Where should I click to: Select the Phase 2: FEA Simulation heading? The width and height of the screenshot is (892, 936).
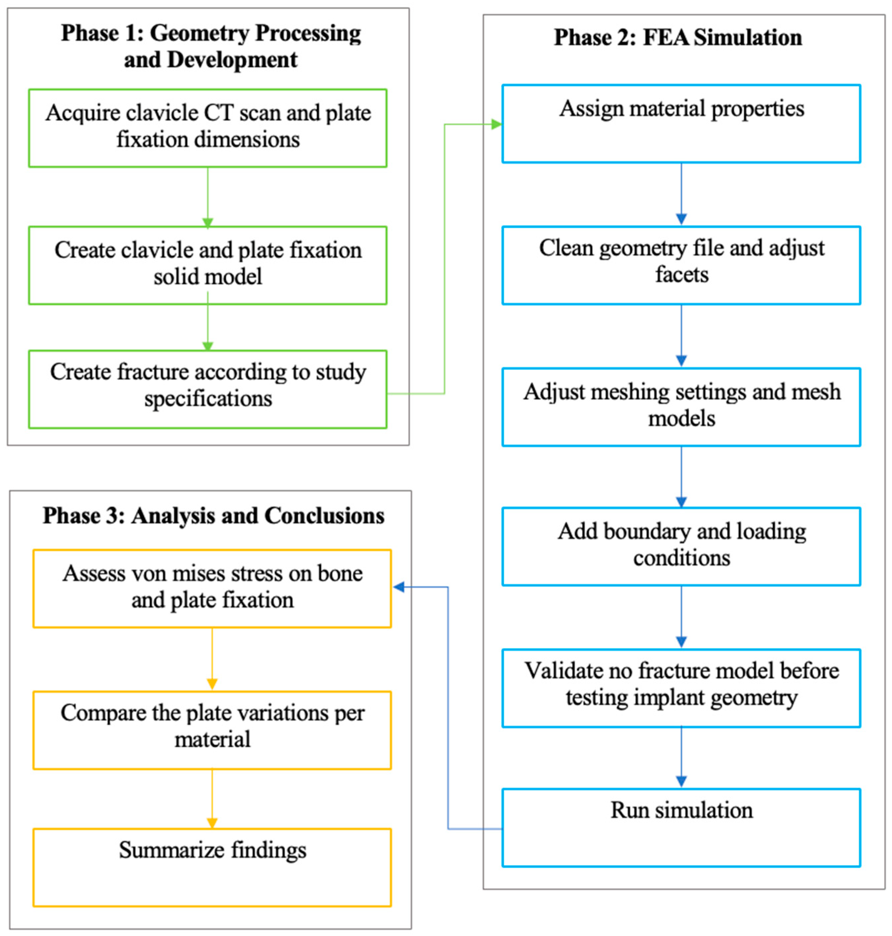(677, 38)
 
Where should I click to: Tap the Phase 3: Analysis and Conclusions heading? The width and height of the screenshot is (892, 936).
(214, 515)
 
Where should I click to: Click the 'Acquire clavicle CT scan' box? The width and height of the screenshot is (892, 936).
(208, 128)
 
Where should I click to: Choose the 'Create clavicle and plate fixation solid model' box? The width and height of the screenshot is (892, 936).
(208, 265)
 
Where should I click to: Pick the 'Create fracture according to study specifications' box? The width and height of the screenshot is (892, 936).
(208, 389)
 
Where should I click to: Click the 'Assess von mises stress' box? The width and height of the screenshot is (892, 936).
(212, 588)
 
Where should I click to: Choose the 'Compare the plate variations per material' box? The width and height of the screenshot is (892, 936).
(212, 730)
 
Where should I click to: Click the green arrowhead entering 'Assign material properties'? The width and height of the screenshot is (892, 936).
(496, 124)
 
